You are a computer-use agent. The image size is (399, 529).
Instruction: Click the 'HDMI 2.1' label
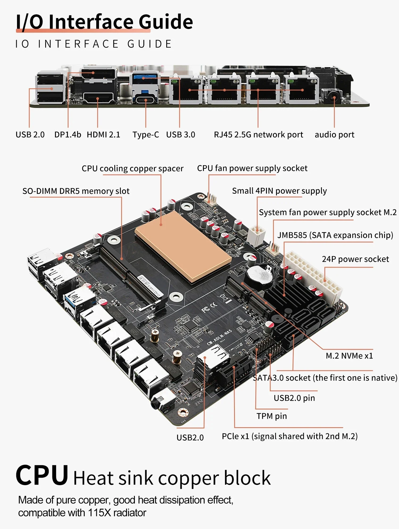(x=103, y=135)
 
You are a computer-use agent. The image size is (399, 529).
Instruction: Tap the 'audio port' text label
(x=334, y=135)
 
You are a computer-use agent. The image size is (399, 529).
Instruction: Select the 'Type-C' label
(x=146, y=135)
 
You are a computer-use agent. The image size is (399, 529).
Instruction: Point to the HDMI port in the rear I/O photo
(x=98, y=98)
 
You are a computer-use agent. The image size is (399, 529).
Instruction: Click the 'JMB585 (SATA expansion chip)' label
(x=335, y=235)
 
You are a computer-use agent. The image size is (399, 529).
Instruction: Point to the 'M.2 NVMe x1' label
(x=349, y=356)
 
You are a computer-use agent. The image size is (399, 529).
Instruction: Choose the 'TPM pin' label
(x=272, y=416)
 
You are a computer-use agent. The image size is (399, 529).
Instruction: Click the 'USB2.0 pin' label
(x=294, y=398)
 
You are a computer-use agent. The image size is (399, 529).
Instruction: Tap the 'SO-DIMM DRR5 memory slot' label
(x=76, y=191)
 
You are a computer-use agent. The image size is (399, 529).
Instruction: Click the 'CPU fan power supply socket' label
(x=252, y=168)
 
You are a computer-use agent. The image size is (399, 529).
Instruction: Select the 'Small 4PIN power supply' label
(x=279, y=191)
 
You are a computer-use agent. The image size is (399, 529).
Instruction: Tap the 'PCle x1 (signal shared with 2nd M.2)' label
(x=289, y=436)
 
